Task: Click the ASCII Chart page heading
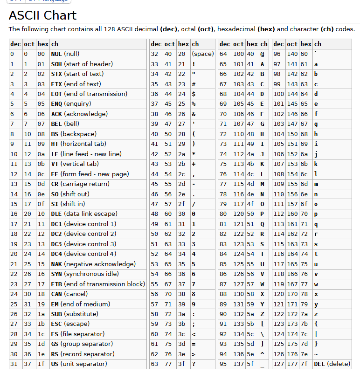(42, 15)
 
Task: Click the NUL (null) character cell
(65, 54)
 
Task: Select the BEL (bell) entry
(65, 124)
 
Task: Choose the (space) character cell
(202, 54)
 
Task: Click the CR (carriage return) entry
(77, 184)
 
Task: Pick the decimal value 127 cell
(278, 364)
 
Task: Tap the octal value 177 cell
(292, 364)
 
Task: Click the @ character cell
(263, 54)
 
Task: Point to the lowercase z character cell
(316, 314)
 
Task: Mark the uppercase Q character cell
(263, 224)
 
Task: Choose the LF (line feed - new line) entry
(86, 154)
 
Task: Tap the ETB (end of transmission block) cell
(97, 284)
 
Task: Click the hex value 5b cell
(251, 324)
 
